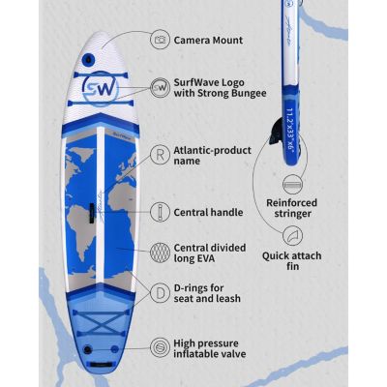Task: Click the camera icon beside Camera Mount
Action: pyautogui.click(x=159, y=41)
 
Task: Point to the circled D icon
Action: pyautogui.click(x=159, y=291)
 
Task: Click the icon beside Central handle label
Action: pyautogui.click(x=159, y=210)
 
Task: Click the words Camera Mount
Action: pyautogui.click(x=207, y=41)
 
